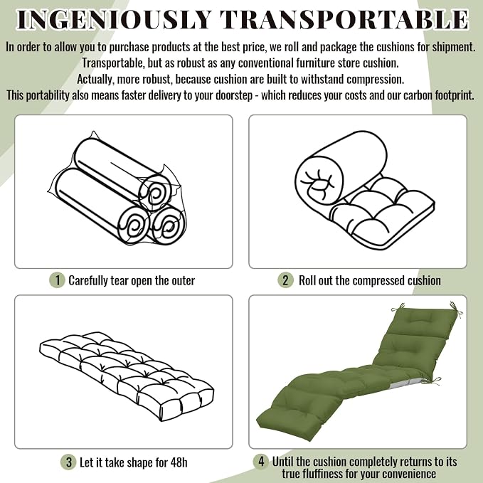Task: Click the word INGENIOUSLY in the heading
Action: click(115, 19)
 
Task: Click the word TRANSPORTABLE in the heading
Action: click(345, 19)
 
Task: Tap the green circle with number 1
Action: click(57, 280)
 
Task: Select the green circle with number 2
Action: click(285, 280)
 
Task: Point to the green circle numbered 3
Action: click(68, 462)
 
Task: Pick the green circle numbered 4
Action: click(261, 462)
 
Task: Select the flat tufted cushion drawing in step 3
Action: click(127, 376)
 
